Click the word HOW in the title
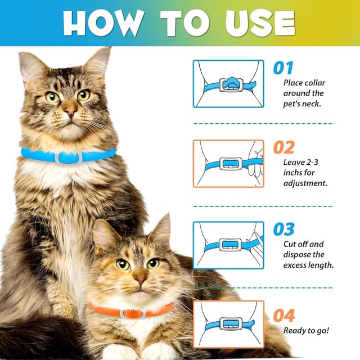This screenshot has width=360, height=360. click(100, 23)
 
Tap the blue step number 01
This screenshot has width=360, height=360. click(283, 69)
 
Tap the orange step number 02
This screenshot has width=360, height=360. click(284, 148)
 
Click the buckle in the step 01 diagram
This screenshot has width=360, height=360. click(230, 85)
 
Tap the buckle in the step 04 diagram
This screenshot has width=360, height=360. click(230, 323)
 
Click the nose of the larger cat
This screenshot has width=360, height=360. click(70, 112)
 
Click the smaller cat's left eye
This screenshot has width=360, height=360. click(123, 263)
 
